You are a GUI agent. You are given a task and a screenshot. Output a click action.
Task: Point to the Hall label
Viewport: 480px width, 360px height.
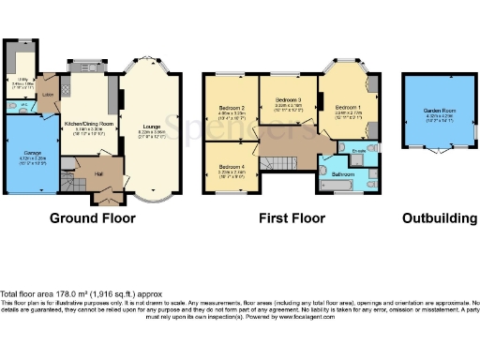point(98,172)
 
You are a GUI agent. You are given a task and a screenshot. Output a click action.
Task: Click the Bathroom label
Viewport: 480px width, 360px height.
point(341,174)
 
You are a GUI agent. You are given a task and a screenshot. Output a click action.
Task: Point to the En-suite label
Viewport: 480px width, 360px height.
point(358,149)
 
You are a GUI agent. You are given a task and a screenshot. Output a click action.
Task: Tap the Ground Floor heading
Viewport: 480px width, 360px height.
point(93,218)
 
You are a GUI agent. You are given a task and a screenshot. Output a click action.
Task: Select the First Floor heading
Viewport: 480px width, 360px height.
point(292,218)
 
